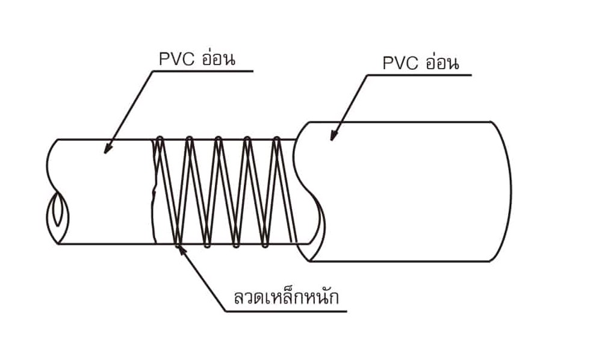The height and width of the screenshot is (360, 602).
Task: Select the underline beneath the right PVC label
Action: pyautogui.click(x=421, y=75)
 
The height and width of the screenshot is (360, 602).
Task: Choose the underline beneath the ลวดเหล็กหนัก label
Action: pyautogui.click(x=286, y=312)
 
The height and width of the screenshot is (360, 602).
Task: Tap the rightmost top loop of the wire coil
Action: pyautogui.click(x=276, y=140)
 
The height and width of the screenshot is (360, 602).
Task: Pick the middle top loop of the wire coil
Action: pyautogui.click(x=218, y=140)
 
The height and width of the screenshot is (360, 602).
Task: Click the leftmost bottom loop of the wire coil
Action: pyautogui.click(x=178, y=244)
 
